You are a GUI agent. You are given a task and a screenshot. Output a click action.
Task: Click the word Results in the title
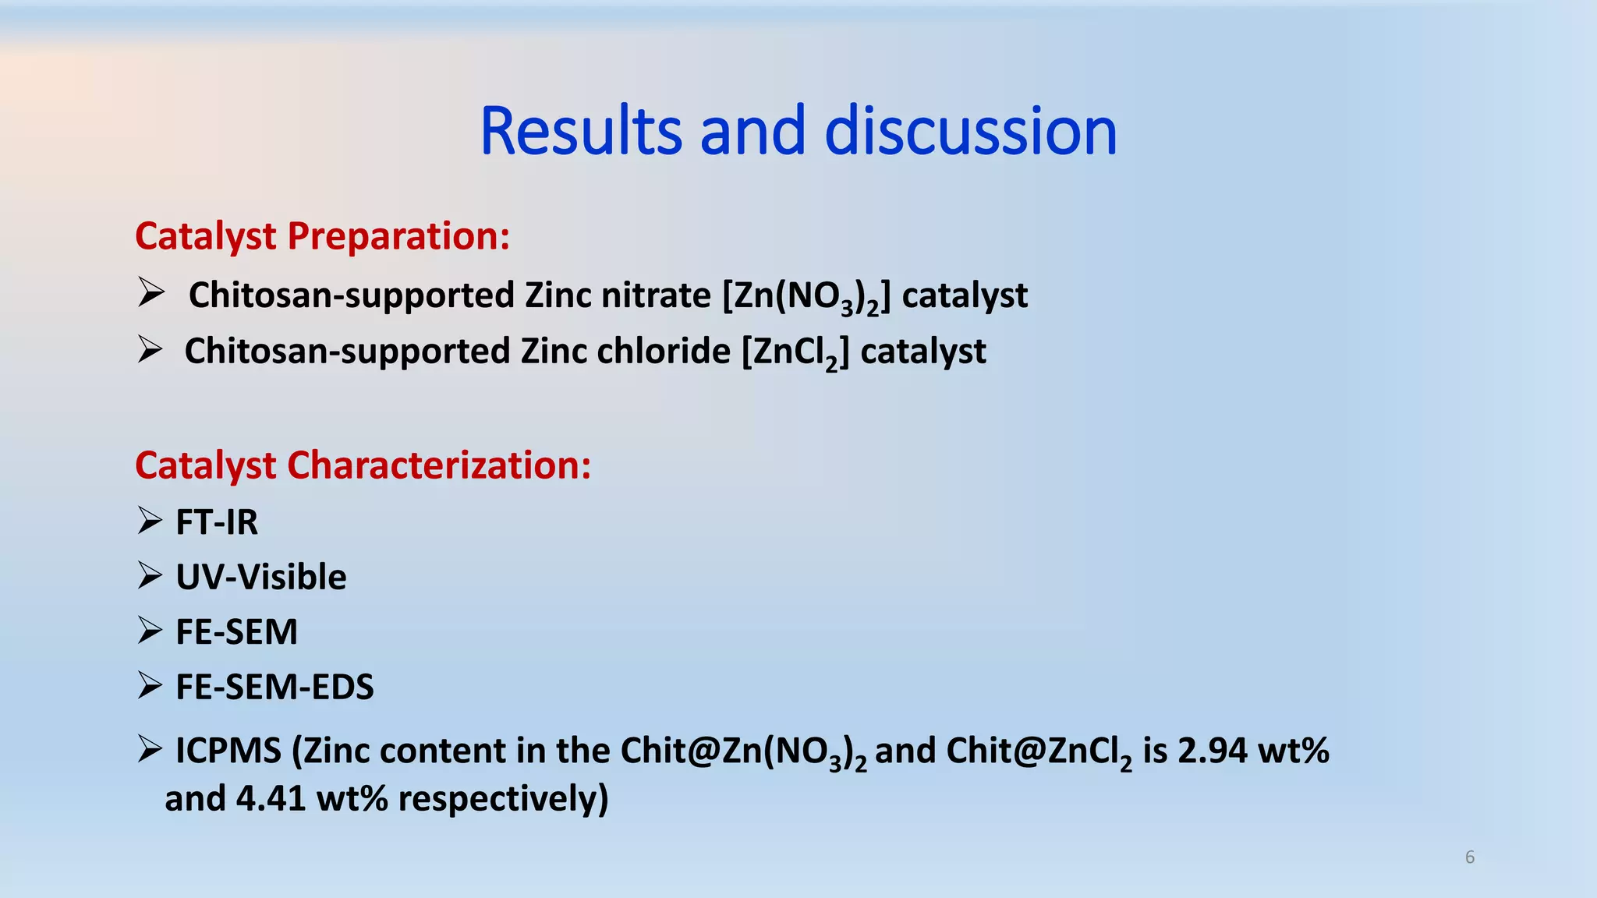pos(582,131)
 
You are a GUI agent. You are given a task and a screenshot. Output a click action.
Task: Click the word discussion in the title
pos(970,131)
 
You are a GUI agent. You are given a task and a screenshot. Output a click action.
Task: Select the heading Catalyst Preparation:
pos(322,235)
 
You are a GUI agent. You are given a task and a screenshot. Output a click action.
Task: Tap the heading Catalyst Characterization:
pos(363,465)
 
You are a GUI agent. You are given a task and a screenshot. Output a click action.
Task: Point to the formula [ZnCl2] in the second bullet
pos(795,352)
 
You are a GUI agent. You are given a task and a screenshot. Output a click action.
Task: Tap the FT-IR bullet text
pos(217,521)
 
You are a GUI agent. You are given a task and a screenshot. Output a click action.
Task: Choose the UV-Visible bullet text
pos(261,577)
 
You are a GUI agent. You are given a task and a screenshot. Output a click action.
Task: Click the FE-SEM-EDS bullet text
pos(274,687)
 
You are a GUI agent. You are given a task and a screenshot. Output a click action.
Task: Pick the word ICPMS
pos(228,751)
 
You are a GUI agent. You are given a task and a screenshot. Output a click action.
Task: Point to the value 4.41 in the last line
pos(271,799)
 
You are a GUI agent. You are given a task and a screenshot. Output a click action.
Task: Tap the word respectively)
pos(503,799)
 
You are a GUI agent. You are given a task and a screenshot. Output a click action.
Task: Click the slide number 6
pos(1470,857)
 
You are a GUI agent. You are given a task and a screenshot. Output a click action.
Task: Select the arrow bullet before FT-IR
pos(150,520)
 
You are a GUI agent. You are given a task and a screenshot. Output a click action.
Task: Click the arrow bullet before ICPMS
pos(150,749)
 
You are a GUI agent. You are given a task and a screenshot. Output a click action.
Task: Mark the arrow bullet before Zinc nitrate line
pos(150,293)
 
